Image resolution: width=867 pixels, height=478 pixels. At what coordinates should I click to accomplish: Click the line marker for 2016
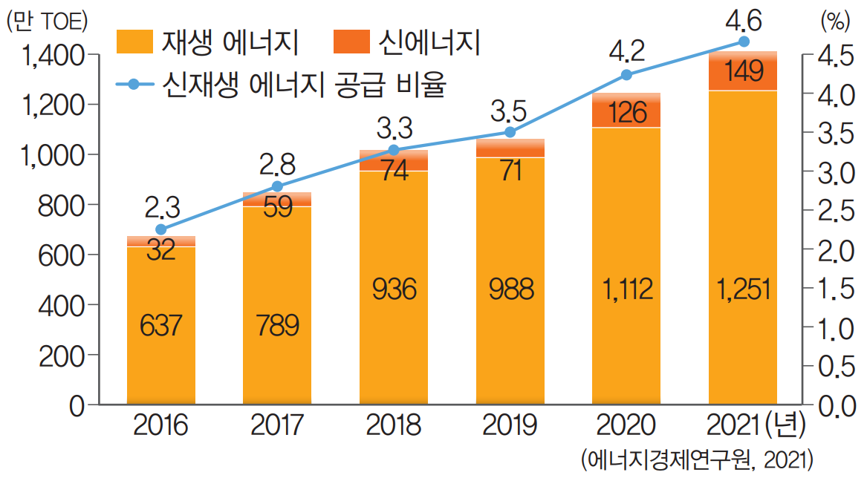point(161,229)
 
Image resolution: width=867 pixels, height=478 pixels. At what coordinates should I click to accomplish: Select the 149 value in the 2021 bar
point(743,72)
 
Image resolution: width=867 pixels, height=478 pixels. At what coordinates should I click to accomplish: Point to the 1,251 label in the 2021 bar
point(743,288)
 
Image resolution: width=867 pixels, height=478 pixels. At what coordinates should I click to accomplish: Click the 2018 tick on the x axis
point(394,426)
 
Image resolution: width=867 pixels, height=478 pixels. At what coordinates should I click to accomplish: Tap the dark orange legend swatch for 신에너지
point(352,42)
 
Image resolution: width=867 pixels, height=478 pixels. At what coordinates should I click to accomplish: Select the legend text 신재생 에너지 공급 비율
point(304,84)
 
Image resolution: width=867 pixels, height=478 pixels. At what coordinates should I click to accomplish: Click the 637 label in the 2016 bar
point(160,325)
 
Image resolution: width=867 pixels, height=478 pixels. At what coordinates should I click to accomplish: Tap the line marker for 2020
point(626,74)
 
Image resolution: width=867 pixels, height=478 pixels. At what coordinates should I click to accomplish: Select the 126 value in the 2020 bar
point(626,114)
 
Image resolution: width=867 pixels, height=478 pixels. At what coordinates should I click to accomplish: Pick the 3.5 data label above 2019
point(510,113)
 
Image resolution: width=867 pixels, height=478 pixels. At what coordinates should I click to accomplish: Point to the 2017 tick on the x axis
point(277,426)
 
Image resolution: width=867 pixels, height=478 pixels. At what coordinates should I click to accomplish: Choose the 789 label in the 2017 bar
point(277,325)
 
